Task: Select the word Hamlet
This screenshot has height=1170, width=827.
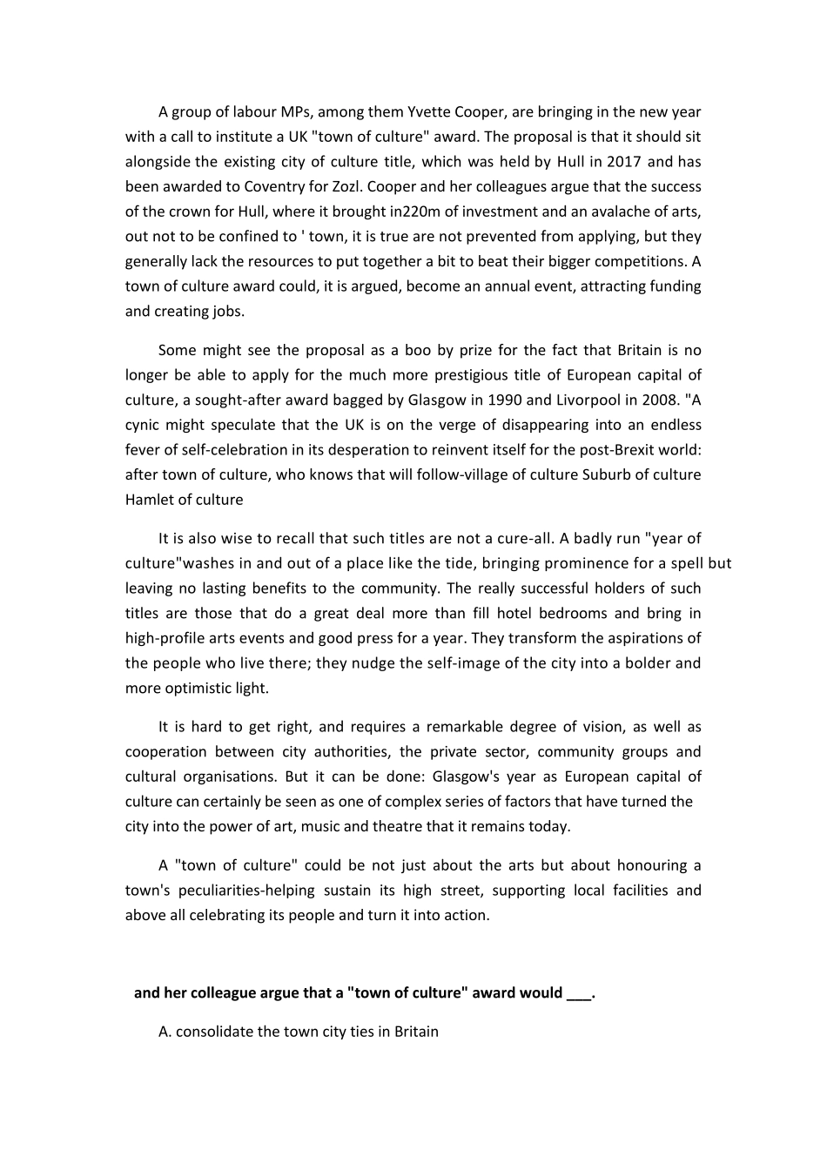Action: (149, 500)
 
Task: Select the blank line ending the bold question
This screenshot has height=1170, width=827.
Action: (578, 993)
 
